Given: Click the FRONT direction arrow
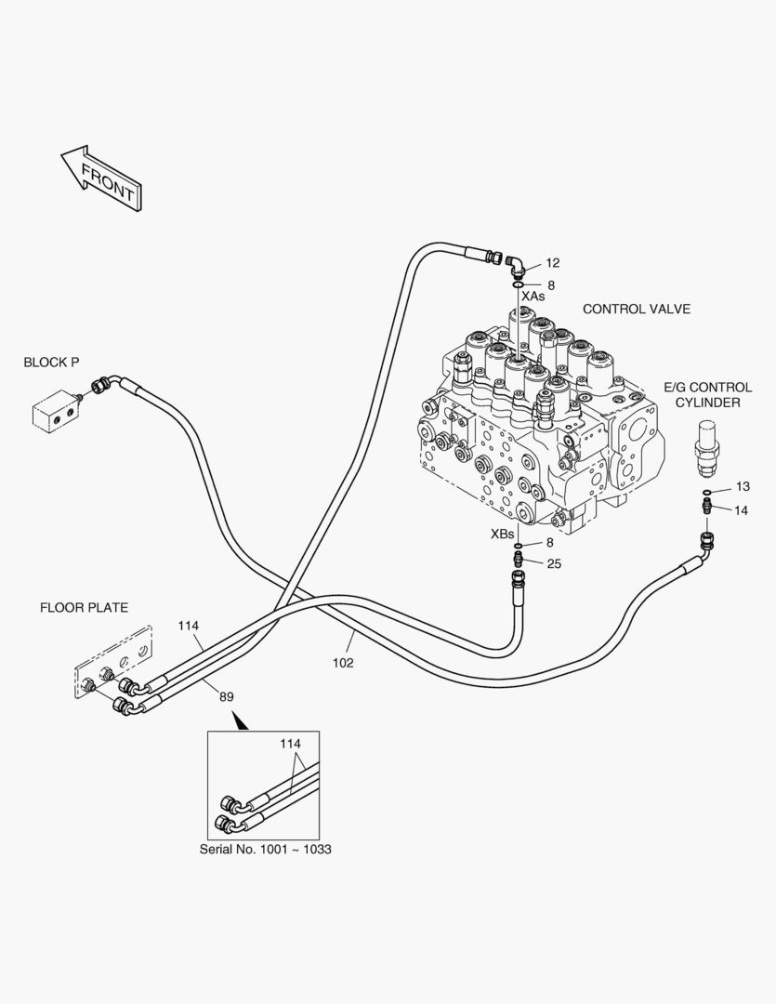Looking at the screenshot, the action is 100,178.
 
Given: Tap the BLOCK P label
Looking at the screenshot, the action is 51,363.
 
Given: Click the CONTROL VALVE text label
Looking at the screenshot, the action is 637,310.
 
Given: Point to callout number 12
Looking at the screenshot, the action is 553,263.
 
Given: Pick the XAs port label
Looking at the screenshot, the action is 533,297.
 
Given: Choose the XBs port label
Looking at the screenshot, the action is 503,534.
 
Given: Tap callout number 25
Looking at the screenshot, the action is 554,563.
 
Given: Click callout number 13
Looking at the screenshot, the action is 743,486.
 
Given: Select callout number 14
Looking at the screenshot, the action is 741,511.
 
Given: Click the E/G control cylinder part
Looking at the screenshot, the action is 707,448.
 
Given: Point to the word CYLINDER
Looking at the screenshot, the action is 707,403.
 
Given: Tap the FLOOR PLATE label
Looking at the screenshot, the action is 84,608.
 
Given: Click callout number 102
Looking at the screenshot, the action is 343,664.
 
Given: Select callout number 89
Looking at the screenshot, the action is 227,697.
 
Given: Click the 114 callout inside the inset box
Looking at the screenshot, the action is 290,744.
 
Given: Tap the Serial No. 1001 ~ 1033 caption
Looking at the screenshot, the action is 265,850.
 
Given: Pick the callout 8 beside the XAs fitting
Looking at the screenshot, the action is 550,285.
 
